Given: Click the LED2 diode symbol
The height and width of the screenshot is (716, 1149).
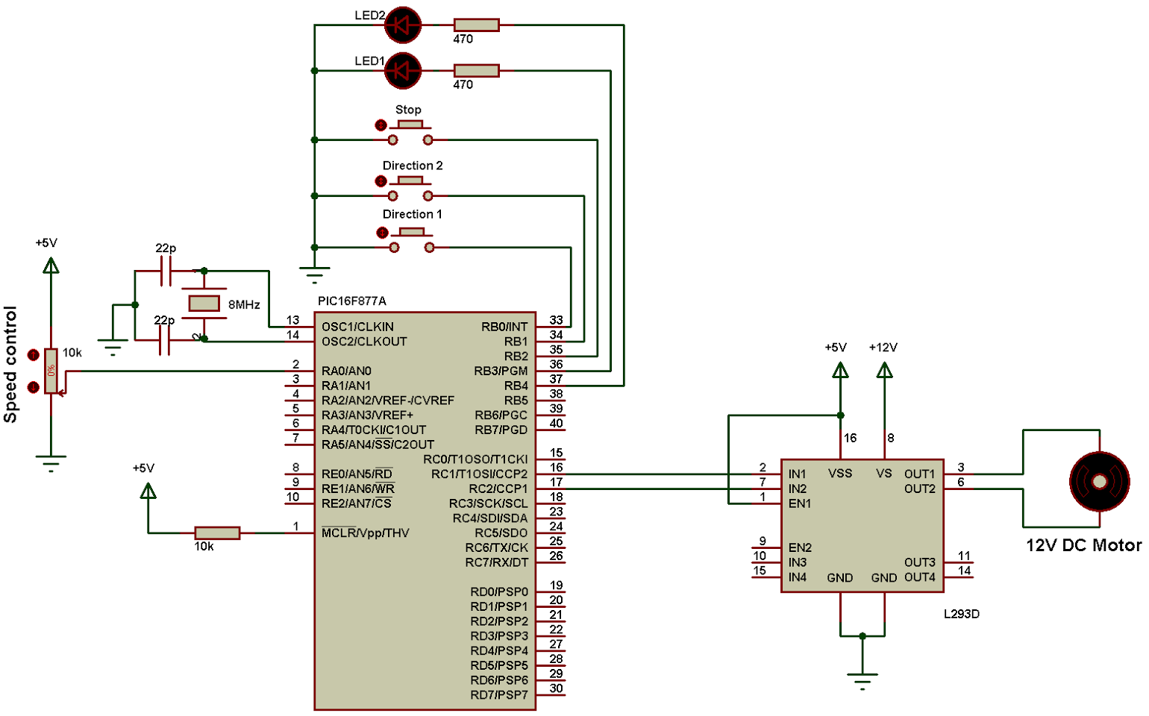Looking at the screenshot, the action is (x=403, y=25).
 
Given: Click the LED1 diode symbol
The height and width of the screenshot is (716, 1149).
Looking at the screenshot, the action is (x=403, y=70).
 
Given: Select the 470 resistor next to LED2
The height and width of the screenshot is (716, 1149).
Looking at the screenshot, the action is (x=477, y=25).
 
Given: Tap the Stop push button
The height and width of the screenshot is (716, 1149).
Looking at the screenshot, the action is (x=410, y=132).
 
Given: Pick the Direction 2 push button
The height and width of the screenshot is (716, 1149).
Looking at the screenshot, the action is (x=410, y=188).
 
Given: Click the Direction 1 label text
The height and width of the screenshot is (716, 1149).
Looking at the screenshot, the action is (x=412, y=214).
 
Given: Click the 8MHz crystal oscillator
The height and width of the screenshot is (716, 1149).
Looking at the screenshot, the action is (x=204, y=303).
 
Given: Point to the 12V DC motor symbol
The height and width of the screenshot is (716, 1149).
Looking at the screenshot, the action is (x=1099, y=482).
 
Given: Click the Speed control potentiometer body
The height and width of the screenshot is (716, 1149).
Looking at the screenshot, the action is (x=51, y=371).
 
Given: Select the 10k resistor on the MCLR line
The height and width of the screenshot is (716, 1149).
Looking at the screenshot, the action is (x=217, y=533).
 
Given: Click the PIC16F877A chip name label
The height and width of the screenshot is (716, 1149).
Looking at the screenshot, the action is (x=352, y=301).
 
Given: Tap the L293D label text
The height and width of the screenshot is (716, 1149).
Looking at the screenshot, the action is (x=962, y=613).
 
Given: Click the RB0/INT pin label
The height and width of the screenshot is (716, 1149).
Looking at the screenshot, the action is (x=504, y=327).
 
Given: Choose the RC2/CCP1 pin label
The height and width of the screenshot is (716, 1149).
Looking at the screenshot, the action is (x=498, y=489).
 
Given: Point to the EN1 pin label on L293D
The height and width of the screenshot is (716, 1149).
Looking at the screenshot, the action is (x=800, y=503).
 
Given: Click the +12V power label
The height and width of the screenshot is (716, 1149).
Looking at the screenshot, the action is (x=883, y=348).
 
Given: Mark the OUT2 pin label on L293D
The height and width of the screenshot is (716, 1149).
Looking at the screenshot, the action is (x=920, y=489).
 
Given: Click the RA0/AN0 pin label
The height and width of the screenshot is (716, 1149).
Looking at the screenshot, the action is (x=346, y=371).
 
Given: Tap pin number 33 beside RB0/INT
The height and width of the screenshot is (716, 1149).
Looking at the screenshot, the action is (x=556, y=320).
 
